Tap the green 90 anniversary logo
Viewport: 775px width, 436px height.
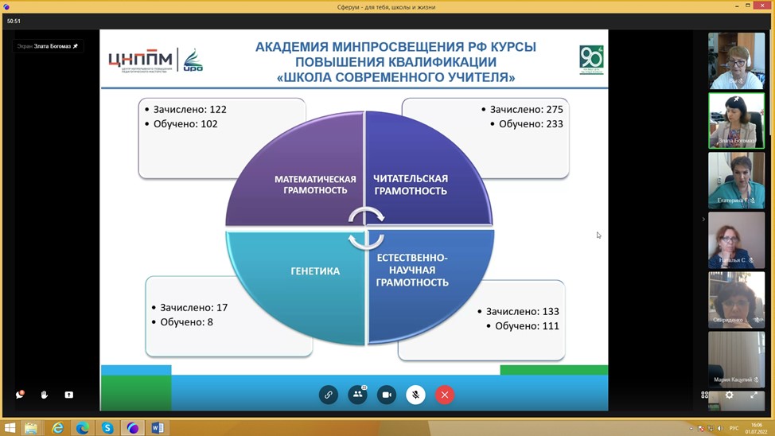click(x=590, y=60)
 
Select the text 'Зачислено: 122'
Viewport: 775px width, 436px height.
click(x=188, y=109)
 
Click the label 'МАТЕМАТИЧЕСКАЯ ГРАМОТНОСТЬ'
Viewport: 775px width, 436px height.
click(x=315, y=185)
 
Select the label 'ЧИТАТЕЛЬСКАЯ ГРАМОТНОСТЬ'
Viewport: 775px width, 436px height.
click(x=411, y=185)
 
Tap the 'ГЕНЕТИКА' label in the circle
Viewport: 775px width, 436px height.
click(x=315, y=271)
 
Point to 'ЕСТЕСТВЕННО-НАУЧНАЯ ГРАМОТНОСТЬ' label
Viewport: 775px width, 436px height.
click(x=412, y=270)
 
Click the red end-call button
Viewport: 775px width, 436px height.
click(x=445, y=395)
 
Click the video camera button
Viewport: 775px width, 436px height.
click(x=387, y=395)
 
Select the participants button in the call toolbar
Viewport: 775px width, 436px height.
click(x=357, y=395)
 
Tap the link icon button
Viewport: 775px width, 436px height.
click(x=328, y=395)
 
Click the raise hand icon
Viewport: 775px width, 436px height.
click(x=45, y=395)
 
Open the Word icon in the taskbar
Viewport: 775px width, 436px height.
click(x=158, y=428)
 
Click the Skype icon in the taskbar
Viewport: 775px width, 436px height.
click(x=107, y=428)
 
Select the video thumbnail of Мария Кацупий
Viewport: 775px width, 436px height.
click(x=736, y=360)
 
